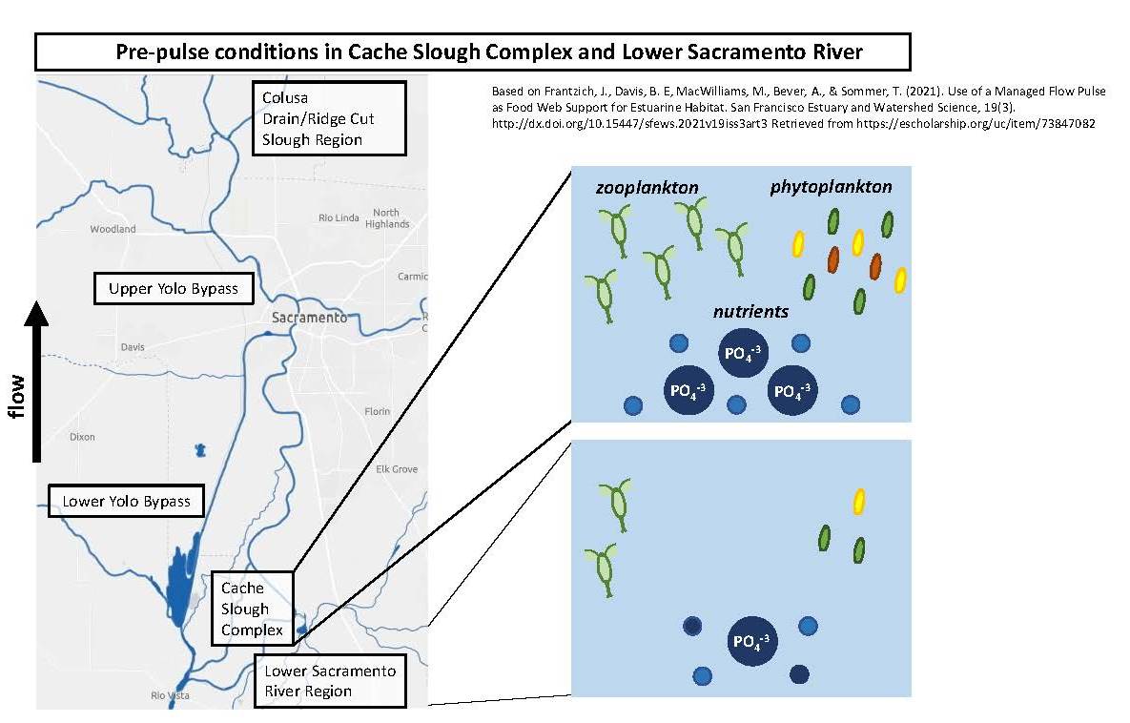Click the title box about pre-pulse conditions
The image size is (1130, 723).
[x=473, y=52]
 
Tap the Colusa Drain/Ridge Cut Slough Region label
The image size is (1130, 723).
[x=329, y=118]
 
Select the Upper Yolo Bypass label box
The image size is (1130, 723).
[x=174, y=288]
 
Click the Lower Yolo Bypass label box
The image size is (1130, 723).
[x=126, y=501]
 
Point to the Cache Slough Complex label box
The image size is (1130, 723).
[x=253, y=609]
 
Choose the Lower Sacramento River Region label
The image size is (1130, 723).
[x=330, y=681]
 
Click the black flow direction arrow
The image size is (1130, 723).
[x=37, y=382]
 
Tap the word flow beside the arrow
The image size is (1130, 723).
[x=16, y=396]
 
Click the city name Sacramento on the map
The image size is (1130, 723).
[x=309, y=318]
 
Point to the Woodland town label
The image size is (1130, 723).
[x=113, y=229]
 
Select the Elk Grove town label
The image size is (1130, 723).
[x=397, y=469]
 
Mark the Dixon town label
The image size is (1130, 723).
[x=82, y=437]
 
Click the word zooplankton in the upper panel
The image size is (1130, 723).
[x=647, y=188]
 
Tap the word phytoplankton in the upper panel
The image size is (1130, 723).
[x=831, y=187]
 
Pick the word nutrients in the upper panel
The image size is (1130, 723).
[x=750, y=311]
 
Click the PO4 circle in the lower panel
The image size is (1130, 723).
[x=752, y=641]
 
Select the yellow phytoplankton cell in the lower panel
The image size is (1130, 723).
[x=858, y=501]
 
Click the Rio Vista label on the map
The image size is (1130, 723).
[x=170, y=695]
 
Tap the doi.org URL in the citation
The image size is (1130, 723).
[x=630, y=123]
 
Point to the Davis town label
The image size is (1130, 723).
[x=133, y=347]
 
